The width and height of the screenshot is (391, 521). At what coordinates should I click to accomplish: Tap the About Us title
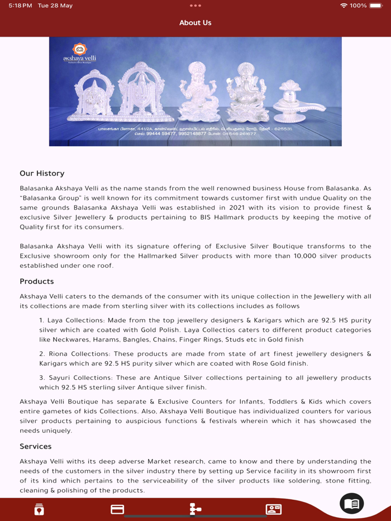pyautogui.click(x=195, y=23)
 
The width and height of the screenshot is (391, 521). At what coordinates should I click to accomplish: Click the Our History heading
pyautogui.click(x=42, y=173)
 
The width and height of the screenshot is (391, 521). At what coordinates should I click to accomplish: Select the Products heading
pyautogui.click(x=37, y=282)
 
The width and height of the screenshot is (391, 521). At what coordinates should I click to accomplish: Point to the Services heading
pyautogui.click(x=35, y=447)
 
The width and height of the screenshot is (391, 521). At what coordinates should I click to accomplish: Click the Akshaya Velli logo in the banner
pyautogui.click(x=80, y=53)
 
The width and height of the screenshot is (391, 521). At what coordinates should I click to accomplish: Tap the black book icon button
pyautogui.click(x=351, y=504)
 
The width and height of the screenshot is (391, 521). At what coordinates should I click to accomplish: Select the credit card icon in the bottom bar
pyautogui.click(x=117, y=509)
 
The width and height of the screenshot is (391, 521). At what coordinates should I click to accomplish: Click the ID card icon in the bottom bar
pyautogui.click(x=273, y=509)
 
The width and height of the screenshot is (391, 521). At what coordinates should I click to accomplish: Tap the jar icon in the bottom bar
pyautogui.click(x=39, y=509)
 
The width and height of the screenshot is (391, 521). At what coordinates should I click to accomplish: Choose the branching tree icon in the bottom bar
pyautogui.click(x=195, y=509)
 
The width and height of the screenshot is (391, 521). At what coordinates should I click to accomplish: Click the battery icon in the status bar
pyautogui.click(x=375, y=6)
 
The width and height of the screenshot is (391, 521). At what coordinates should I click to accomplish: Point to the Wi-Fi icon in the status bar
pyautogui.click(x=343, y=6)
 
